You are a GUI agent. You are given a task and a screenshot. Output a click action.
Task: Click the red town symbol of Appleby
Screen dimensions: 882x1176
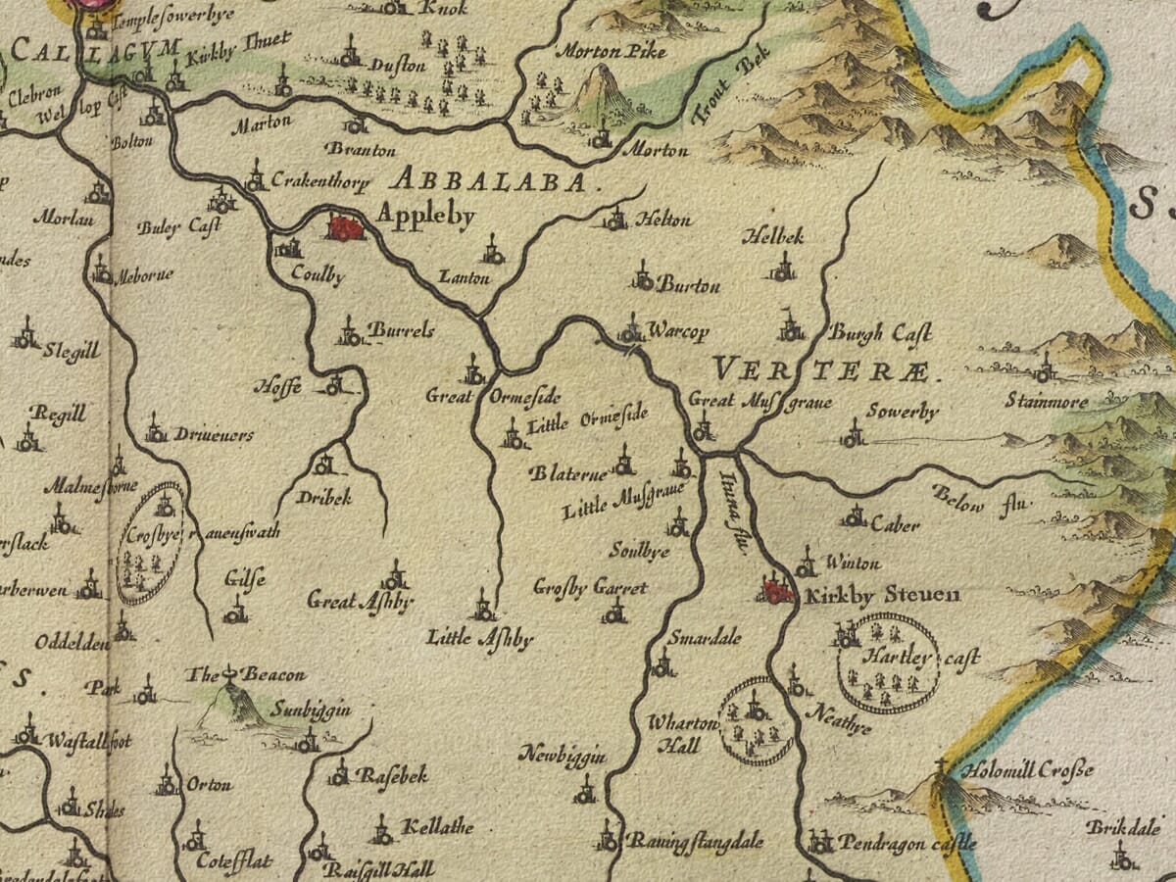pyautogui.click(x=346, y=227)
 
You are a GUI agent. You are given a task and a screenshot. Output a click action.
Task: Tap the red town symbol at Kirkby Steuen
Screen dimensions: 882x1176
pyautogui.click(x=778, y=591)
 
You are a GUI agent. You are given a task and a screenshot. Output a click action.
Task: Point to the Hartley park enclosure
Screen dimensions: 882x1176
pyautogui.click(x=888, y=663)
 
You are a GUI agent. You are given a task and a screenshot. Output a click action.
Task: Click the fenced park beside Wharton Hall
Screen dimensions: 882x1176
pyautogui.click(x=757, y=721)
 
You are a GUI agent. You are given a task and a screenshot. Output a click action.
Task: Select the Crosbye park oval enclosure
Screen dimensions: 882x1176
pyautogui.click(x=150, y=543)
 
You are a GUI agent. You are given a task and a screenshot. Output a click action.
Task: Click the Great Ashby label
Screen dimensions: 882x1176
pyautogui.click(x=360, y=600)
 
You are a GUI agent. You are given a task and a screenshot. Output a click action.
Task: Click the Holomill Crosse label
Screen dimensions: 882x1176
pyautogui.click(x=1026, y=770)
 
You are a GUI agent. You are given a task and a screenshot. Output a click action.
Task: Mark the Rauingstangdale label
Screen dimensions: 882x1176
pyautogui.click(x=695, y=841)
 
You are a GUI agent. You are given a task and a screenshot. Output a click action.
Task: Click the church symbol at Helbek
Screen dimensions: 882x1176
pyautogui.click(x=782, y=268)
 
